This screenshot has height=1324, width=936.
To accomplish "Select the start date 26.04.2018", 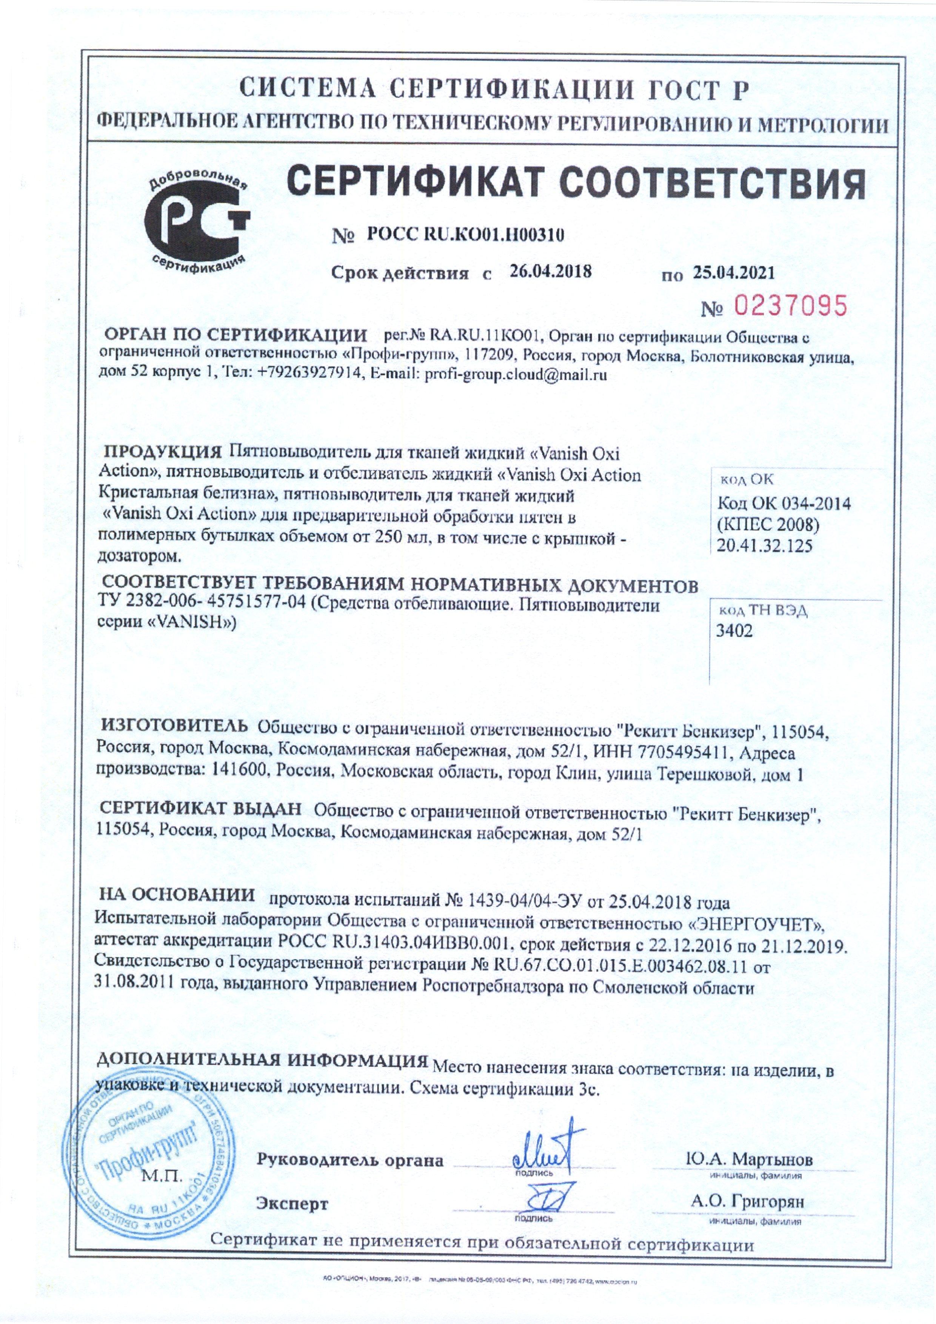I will [551, 271].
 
